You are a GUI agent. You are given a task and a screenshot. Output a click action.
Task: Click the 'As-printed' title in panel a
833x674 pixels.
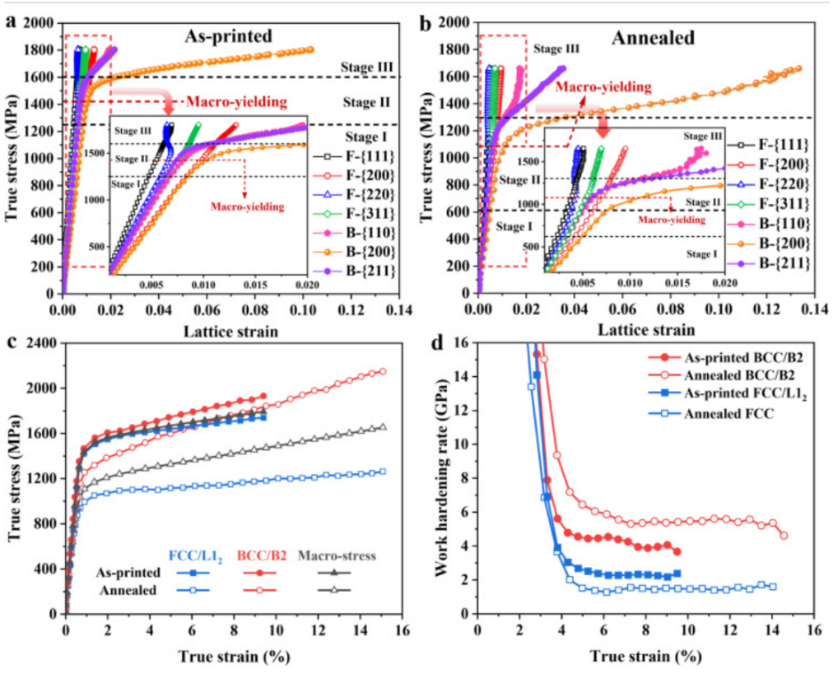coord(228,35)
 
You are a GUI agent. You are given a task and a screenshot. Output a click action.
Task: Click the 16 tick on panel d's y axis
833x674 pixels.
coord(462,342)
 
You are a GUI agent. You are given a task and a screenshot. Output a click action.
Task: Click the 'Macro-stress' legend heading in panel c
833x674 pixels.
coord(339,555)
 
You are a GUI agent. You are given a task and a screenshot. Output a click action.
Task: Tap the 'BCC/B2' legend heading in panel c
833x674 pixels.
coord(260,555)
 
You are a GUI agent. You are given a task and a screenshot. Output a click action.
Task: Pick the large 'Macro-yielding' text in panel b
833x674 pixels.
coord(603,87)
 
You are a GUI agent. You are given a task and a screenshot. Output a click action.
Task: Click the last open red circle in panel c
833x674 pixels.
coord(382,371)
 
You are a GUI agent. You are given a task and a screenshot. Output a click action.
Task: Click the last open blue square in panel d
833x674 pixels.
coord(772,587)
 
